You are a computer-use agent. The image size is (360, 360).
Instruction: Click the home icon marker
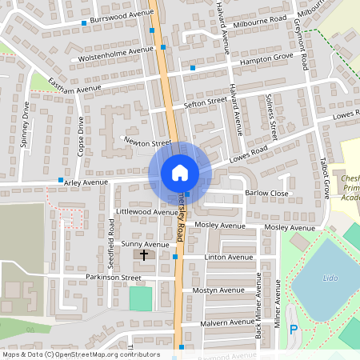[x=179, y=172]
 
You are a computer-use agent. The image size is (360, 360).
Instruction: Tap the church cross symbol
[x=145, y=255]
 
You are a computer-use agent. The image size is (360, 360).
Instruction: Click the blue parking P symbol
[x=293, y=329]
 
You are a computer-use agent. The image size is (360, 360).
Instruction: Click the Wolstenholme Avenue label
[x=113, y=54]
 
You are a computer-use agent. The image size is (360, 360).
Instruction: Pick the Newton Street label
[x=148, y=142]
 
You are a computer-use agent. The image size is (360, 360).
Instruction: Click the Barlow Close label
[x=266, y=193]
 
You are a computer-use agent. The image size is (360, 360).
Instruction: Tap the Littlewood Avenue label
[x=146, y=212]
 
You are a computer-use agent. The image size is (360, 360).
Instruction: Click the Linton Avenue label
[x=228, y=257]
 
